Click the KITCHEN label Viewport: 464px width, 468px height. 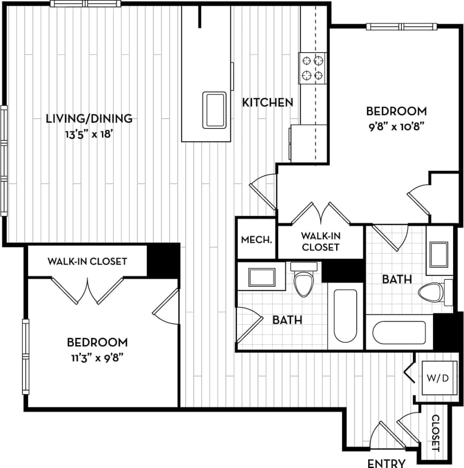(x=267, y=103)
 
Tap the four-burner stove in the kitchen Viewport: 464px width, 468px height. (x=313, y=68)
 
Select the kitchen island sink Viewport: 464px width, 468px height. (x=214, y=110)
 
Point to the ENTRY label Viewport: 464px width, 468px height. (x=386, y=463)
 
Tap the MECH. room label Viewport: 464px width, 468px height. (x=257, y=240)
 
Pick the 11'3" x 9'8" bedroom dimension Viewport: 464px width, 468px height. (x=97, y=357)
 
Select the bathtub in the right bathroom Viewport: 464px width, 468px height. (x=399, y=333)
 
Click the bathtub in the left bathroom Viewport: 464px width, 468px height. (x=345, y=315)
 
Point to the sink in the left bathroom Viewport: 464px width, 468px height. (x=262, y=277)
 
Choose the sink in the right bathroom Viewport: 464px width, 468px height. (x=438, y=254)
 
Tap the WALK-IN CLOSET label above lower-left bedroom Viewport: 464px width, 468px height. (x=87, y=262)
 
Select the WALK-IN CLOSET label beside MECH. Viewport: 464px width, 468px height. (x=320, y=241)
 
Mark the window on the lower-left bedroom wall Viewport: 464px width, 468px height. (x=25, y=356)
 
